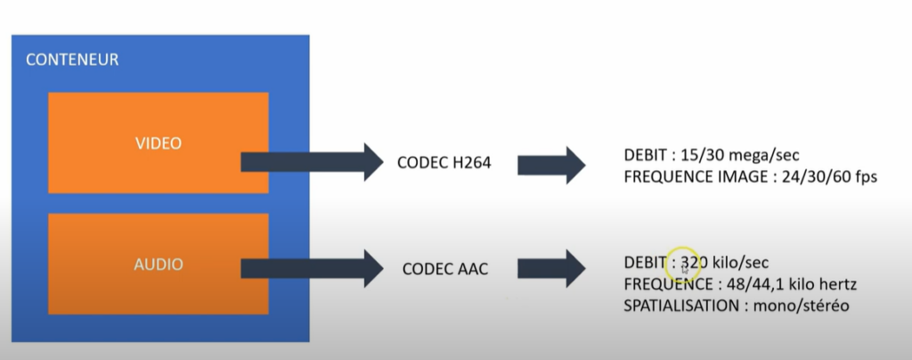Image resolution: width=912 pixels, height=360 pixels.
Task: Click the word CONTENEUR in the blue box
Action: tap(72, 61)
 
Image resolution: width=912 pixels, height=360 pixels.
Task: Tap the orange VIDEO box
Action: tap(158, 143)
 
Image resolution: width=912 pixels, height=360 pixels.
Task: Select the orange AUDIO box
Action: tap(158, 264)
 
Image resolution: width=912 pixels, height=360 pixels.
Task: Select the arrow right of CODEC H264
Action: tap(552, 164)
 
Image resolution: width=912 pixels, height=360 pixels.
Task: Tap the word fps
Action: tap(866, 176)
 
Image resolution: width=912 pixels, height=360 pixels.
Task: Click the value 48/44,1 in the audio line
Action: tap(744, 284)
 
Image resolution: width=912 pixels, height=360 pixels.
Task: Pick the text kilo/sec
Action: tap(740, 263)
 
